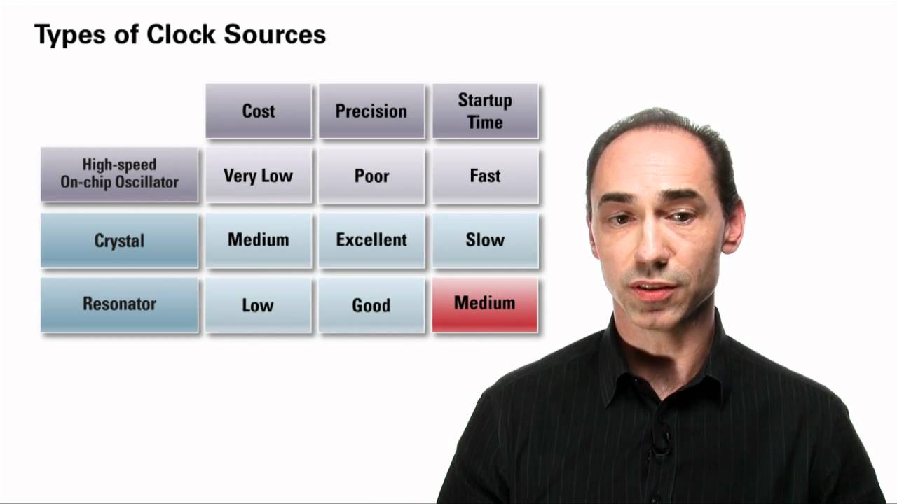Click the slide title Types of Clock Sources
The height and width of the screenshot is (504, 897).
coord(180,34)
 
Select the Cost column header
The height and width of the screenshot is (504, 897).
coord(259,111)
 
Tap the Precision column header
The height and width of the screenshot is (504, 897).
coord(371,111)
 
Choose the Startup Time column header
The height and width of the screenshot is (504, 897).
coord(485,111)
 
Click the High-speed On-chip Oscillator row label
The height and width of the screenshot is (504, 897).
coord(119,174)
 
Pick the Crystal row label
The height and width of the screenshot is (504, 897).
coord(119,240)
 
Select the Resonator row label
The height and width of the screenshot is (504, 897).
coord(119,304)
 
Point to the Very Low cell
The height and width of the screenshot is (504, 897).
coord(259,175)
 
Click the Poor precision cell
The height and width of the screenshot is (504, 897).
coord(371,175)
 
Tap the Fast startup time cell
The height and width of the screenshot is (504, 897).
coord(485,175)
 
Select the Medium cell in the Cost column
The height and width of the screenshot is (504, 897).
coord(259,239)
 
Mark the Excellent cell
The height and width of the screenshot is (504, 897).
coord(371,239)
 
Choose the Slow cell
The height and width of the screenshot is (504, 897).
coord(485,239)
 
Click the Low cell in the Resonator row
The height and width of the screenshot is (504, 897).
coord(259,304)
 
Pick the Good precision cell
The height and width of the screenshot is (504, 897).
coord(371,304)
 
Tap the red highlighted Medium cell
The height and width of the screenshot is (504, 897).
coord(485,304)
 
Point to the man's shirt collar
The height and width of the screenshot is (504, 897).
coord(617,357)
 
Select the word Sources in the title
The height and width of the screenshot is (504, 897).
coord(281,34)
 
